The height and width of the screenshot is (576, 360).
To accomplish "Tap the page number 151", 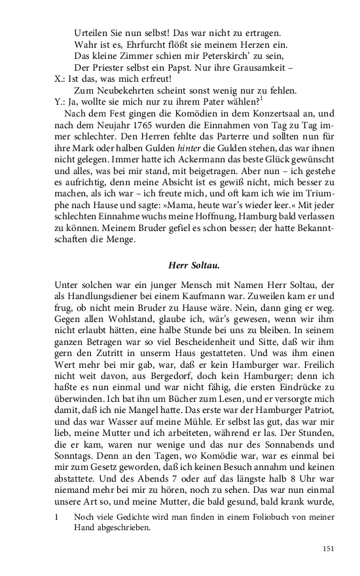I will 329,549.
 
